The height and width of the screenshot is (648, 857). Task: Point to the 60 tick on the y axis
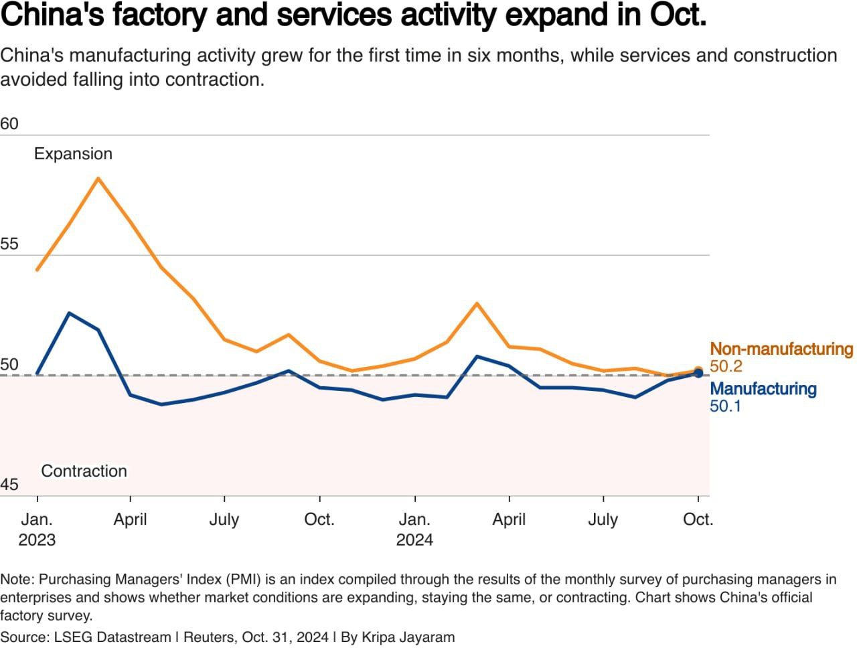coord(9,124)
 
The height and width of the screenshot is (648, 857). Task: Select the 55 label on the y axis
coord(9,244)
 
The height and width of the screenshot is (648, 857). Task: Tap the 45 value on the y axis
coord(9,484)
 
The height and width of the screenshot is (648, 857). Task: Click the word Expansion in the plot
coord(73,154)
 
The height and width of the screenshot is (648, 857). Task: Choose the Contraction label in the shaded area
coord(84,471)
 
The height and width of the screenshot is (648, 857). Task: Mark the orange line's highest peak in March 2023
coord(98,178)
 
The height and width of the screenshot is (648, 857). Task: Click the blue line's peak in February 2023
coord(68,313)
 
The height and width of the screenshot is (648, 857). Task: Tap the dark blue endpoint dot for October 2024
coord(698,374)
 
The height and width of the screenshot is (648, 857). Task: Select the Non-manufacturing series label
coord(781,349)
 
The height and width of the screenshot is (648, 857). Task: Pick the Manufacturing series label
coord(763,389)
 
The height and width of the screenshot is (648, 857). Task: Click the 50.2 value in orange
coord(726,366)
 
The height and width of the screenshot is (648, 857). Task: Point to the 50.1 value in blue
coord(725,406)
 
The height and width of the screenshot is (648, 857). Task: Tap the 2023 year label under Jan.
coord(37,540)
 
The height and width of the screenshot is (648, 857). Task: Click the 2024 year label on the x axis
coord(414,540)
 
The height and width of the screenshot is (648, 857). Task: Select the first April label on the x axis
coord(130,519)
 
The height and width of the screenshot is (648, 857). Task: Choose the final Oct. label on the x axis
coord(698,519)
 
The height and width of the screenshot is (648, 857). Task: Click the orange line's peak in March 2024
coord(477,303)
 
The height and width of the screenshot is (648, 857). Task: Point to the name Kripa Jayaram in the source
coord(408,637)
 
